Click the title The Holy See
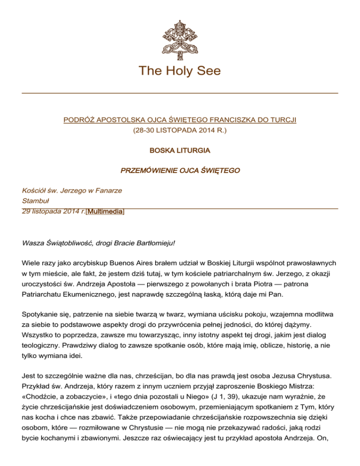click(x=180, y=71)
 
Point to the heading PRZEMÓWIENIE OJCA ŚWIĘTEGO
click(x=180, y=171)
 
